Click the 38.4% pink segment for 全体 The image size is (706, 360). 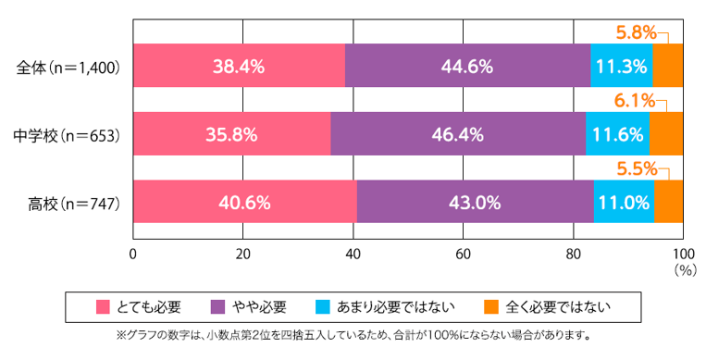click(x=239, y=67)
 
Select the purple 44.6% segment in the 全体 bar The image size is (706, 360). click(x=467, y=67)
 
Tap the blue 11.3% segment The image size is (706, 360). click(x=621, y=67)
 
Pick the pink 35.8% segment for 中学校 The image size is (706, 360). click(x=231, y=134)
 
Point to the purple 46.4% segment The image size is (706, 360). click(x=457, y=134)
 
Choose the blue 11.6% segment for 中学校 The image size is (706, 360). click(x=617, y=134)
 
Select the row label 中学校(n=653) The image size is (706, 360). click(x=67, y=134)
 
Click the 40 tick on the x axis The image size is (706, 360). click(x=353, y=254)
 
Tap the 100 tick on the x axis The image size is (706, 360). click(x=682, y=254)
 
